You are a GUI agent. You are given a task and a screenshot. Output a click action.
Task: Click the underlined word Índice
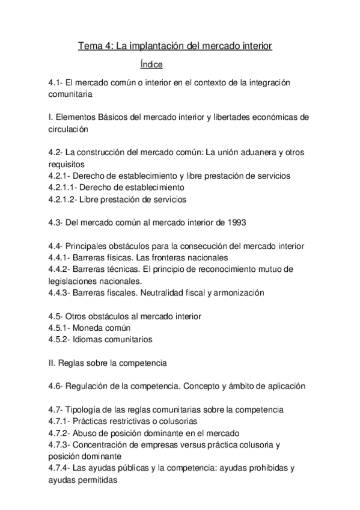151,64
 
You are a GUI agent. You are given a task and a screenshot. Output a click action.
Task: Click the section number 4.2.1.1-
64,187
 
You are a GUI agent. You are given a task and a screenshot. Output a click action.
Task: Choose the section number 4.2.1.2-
64,198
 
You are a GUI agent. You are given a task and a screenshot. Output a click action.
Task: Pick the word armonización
239,292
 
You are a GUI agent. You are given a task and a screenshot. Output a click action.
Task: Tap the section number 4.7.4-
60,469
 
